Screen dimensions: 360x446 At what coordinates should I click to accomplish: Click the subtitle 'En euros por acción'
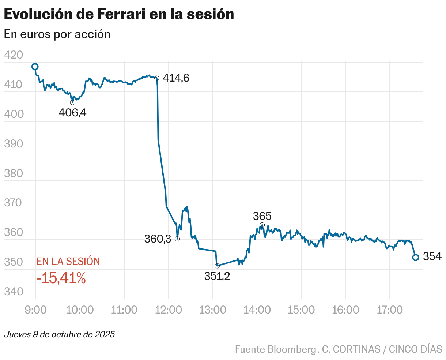coord(57,34)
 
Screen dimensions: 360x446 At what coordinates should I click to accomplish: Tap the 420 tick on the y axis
coord(14,55)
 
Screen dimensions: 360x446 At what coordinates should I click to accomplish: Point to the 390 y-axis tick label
coord(14,144)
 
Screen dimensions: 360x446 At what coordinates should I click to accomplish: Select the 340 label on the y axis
coord(14,292)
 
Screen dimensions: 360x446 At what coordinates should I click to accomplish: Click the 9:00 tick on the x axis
coord(35,310)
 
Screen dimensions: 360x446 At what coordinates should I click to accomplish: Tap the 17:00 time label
coord(389,310)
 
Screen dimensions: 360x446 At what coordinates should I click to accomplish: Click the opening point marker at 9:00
coord(35,67)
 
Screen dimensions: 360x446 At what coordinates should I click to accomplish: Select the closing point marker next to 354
coord(415,258)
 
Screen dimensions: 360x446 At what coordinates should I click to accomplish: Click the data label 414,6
coord(176,78)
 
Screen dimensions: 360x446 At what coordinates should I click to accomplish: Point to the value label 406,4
coord(72,113)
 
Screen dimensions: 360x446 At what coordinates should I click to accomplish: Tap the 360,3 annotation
coord(158,239)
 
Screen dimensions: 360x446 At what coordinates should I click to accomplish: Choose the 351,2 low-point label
coord(217,277)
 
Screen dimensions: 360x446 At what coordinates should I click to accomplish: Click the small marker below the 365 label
coord(262,225)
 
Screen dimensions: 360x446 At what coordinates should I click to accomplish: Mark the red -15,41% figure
coord(61,278)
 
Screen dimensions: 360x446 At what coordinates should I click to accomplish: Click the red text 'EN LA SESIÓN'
coord(68,261)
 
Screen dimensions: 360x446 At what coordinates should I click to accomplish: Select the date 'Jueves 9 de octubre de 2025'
coord(59,334)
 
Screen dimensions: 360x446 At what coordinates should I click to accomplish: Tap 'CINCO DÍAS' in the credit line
coord(415,349)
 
